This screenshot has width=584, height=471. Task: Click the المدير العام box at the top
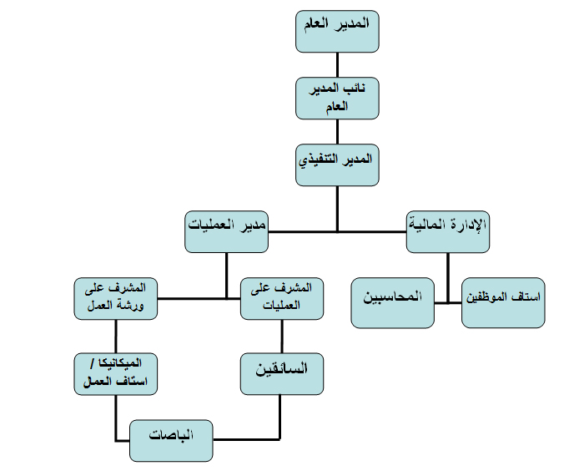(338, 31)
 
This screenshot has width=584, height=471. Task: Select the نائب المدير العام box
(338, 97)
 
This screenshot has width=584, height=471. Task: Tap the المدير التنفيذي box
(338, 164)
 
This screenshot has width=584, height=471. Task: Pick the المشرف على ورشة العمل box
(116, 297)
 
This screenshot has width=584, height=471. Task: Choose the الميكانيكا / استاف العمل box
(116, 372)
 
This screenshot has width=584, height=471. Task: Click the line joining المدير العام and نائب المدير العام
(338, 65)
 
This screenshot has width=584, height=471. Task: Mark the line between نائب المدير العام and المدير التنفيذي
(338, 130)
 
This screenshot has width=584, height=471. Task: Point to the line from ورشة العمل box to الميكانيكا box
(116, 336)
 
